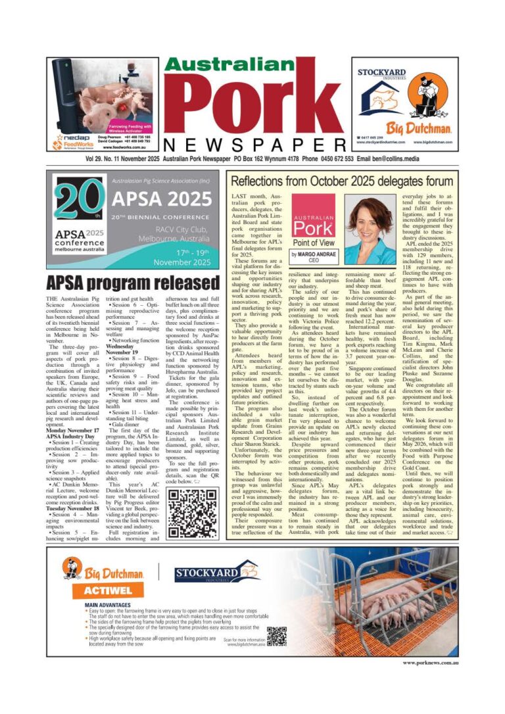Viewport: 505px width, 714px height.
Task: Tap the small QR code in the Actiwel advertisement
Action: coord(276,637)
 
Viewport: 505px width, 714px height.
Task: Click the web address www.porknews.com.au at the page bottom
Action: coord(430,663)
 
